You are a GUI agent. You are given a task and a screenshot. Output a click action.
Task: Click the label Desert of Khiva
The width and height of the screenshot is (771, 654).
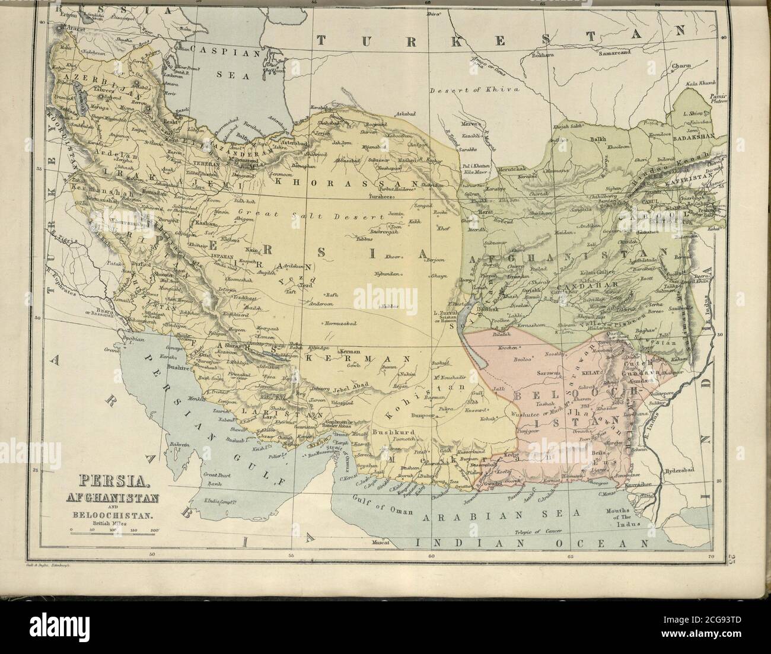(x=474, y=90)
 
